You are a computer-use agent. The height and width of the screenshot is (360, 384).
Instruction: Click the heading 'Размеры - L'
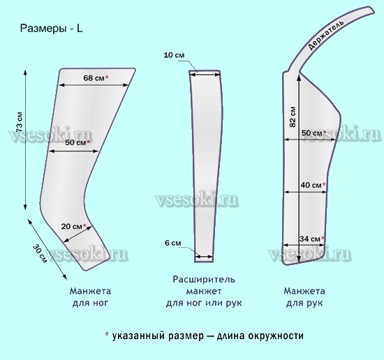[x=51, y=29]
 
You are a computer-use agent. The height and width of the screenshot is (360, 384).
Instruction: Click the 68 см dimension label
[x=94, y=78]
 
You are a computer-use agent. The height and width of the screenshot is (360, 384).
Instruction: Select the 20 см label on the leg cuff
[x=71, y=226]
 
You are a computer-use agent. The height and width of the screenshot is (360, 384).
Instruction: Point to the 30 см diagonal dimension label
[x=40, y=253]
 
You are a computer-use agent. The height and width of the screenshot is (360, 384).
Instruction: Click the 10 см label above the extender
[x=174, y=55]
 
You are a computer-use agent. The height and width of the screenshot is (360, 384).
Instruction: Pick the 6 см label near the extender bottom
[x=173, y=243]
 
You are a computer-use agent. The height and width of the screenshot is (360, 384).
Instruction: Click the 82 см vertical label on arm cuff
[x=293, y=117]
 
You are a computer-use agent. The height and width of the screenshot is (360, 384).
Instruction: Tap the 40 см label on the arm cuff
[x=311, y=185]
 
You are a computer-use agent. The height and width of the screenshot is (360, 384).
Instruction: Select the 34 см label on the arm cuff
[x=310, y=239]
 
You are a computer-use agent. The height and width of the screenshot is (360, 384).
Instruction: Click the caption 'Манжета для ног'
[x=90, y=297]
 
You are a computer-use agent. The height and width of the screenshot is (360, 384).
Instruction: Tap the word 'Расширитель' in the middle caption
[x=204, y=279]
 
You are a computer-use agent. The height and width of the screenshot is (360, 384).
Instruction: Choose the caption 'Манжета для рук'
[x=304, y=297]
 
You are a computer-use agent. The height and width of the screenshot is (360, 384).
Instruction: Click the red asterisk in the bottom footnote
[x=107, y=334]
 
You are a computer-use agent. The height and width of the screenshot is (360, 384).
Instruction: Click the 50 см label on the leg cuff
[x=75, y=142]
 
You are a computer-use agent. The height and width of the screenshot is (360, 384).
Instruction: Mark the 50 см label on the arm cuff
[x=312, y=133]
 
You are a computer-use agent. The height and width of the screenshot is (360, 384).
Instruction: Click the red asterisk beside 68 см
[x=107, y=77]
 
